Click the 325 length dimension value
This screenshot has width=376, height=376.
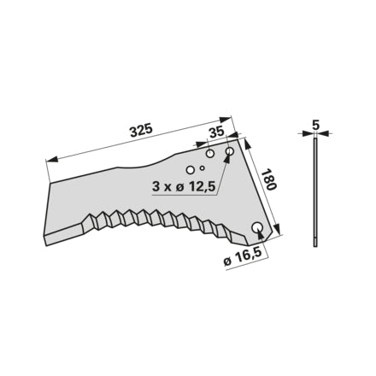coord(142,131)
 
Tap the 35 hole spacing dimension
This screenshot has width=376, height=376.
coord(217,132)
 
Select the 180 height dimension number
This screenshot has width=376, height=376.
coord(269,180)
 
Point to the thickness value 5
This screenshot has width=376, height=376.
coord(316,125)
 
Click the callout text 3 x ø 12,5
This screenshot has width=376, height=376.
coord(183,186)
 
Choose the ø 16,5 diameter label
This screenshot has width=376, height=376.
coord(243,260)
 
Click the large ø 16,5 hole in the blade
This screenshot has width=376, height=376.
coord(257,226)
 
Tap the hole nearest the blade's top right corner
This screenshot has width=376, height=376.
coord(230,150)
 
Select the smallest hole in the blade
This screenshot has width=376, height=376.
coord(202,167)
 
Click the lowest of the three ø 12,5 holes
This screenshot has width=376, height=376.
coord(190,170)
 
